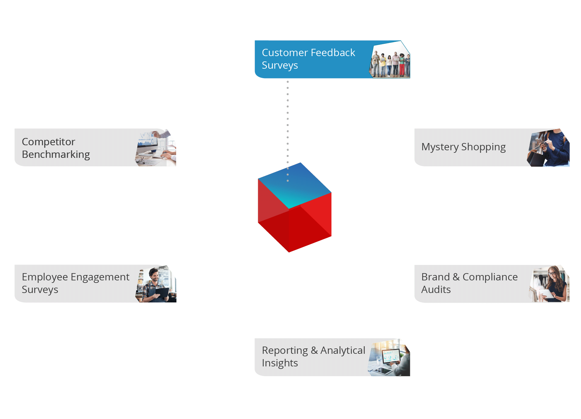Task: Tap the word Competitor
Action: pos(49,142)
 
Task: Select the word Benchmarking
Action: pos(56,155)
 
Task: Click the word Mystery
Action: pos(440,147)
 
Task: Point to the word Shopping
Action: pos(483,147)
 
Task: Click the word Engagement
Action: pos(100,277)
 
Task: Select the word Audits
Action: pos(436,290)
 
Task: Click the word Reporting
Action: pos(285,351)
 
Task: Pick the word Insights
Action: pos(280,363)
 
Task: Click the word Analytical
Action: pos(343,350)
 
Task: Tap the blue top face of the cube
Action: pos(295,186)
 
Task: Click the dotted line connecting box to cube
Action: pos(288,131)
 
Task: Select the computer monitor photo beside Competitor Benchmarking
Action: pos(156,147)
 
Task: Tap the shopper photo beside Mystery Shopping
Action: pos(548,147)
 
